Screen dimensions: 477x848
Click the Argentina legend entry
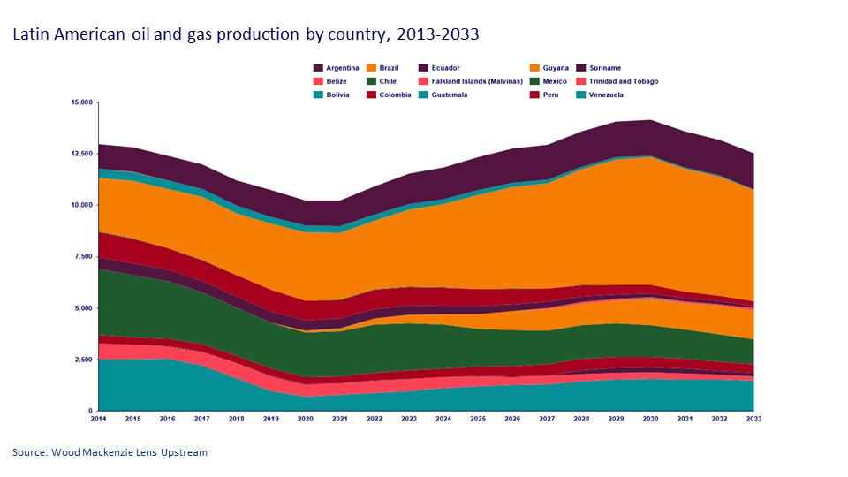point(342,68)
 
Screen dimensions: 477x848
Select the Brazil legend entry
point(389,68)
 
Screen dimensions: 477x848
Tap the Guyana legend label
point(556,68)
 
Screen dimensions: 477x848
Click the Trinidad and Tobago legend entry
point(624,81)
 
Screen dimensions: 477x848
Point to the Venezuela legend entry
point(606,95)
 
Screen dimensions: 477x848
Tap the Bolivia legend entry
point(337,95)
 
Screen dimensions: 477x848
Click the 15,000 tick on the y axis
point(80,102)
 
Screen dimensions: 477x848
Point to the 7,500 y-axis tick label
point(82,256)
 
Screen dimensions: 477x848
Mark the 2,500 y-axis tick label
point(82,360)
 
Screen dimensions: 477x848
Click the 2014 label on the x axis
point(99,420)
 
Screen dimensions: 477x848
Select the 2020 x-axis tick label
point(306,420)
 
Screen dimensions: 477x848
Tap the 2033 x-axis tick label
point(753,420)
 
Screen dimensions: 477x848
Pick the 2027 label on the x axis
point(547,420)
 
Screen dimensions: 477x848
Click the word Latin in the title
point(31,35)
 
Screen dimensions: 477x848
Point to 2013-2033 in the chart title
point(438,35)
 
